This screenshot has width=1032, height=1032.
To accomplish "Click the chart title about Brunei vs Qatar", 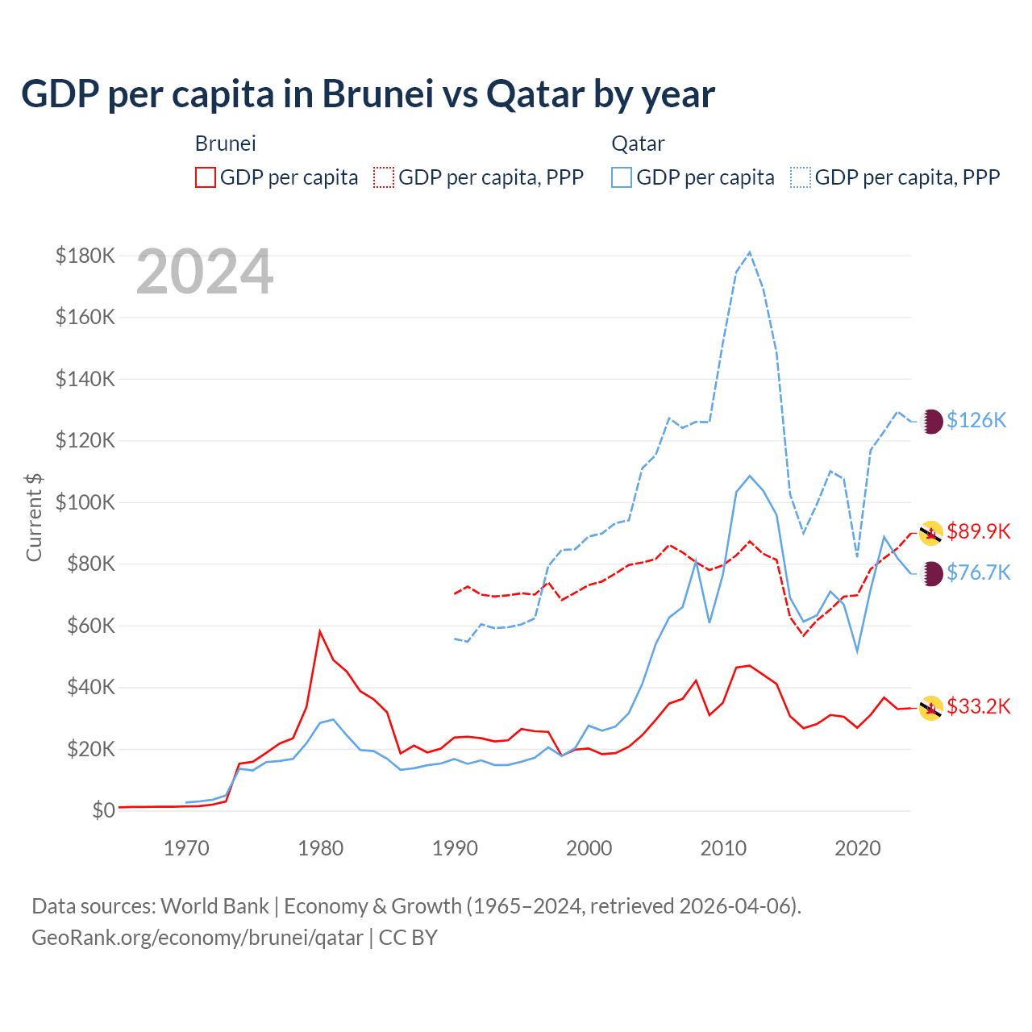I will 368,94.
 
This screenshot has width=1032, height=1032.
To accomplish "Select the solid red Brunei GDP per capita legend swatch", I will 206,177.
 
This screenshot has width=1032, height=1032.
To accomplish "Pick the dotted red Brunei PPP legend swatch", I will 384,177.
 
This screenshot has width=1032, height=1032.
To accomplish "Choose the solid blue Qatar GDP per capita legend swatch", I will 622,177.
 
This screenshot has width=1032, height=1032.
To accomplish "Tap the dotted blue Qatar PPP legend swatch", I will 801,177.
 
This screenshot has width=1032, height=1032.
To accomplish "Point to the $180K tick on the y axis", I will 85,256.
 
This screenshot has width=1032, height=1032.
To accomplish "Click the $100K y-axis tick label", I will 85,503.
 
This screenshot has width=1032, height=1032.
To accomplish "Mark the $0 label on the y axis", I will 102,811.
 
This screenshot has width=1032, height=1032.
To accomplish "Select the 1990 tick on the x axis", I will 456,848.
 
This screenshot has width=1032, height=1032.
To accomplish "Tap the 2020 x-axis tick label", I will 858,848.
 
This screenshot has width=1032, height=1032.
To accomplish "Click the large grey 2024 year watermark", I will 205,273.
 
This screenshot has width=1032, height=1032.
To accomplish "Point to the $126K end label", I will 976,421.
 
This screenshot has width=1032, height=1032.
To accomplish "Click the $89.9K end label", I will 979,532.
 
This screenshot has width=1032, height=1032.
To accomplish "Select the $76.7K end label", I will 979,573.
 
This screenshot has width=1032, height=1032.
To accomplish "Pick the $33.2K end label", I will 979,707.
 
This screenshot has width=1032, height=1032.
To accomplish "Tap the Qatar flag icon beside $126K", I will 931,421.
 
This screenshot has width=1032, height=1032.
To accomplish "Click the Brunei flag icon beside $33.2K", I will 931,708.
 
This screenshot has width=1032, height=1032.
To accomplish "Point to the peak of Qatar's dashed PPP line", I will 750,252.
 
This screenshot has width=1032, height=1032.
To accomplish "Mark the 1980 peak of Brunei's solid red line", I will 320,631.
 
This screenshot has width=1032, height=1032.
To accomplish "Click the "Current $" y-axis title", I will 34,517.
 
